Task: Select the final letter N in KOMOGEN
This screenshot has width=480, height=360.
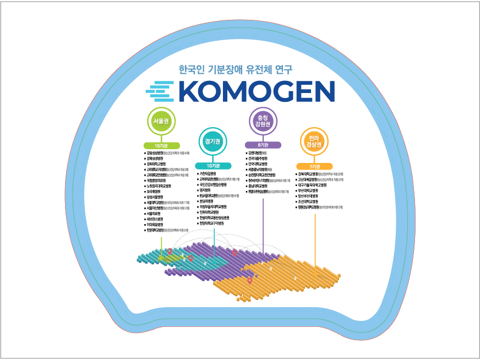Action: [324, 91]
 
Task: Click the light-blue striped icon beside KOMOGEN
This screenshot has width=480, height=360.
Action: [160, 91]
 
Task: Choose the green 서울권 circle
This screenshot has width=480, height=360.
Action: [161, 121]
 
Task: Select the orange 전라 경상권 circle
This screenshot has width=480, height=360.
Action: [314, 141]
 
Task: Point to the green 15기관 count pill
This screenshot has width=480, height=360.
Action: [161, 145]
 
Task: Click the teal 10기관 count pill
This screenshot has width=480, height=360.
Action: [212, 166]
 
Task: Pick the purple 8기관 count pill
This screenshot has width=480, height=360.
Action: [263, 145]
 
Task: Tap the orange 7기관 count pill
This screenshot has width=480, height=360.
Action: [314, 166]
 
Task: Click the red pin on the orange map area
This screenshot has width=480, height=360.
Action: [249, 281]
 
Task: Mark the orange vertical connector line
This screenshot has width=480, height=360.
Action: [315, 237]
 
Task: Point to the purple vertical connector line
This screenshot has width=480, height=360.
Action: [263, 220]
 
